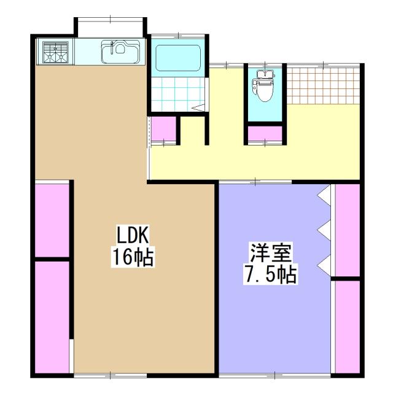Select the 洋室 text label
[270, 252]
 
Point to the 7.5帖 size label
[270, 274]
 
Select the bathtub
[178, 58]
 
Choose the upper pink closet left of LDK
[52, 219]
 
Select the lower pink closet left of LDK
[52, 316]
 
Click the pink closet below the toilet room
[265, 133]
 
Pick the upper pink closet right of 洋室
[347, 230]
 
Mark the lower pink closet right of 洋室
[347, 325]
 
